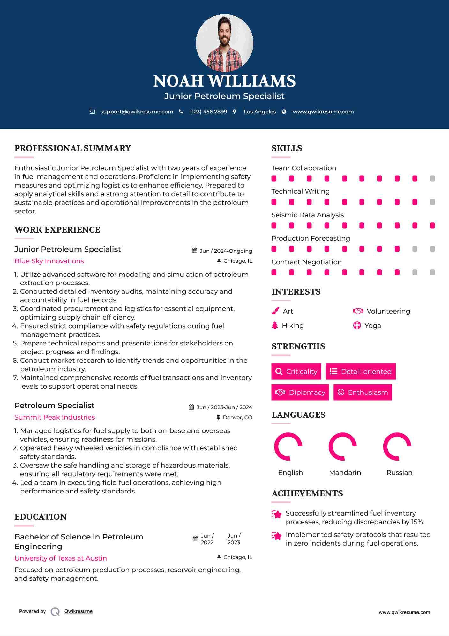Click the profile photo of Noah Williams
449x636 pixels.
point(224,43)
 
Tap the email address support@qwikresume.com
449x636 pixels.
point(137,112)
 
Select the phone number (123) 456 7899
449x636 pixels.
point(208,112)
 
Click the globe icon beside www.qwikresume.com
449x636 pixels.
point(284,112)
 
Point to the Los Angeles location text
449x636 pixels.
point(259,112)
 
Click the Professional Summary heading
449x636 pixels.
point(73,148)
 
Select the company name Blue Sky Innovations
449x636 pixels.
point(49,261)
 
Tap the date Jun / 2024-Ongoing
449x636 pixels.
point(225,251)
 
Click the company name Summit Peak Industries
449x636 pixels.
point(55,417)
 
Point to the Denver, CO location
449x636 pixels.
point(237,417)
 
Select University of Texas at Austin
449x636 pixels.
point(61,558)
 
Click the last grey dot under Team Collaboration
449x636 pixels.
point(432,178)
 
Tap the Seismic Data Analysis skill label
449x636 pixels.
point(307,215)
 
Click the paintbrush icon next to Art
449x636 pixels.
point(275,311)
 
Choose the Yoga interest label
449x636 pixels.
point(372,326)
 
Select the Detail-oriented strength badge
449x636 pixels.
point(361,371)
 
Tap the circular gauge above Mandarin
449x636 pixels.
point(342,446)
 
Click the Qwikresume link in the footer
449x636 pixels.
point(79,611)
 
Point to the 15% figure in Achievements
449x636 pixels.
point(417,522)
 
